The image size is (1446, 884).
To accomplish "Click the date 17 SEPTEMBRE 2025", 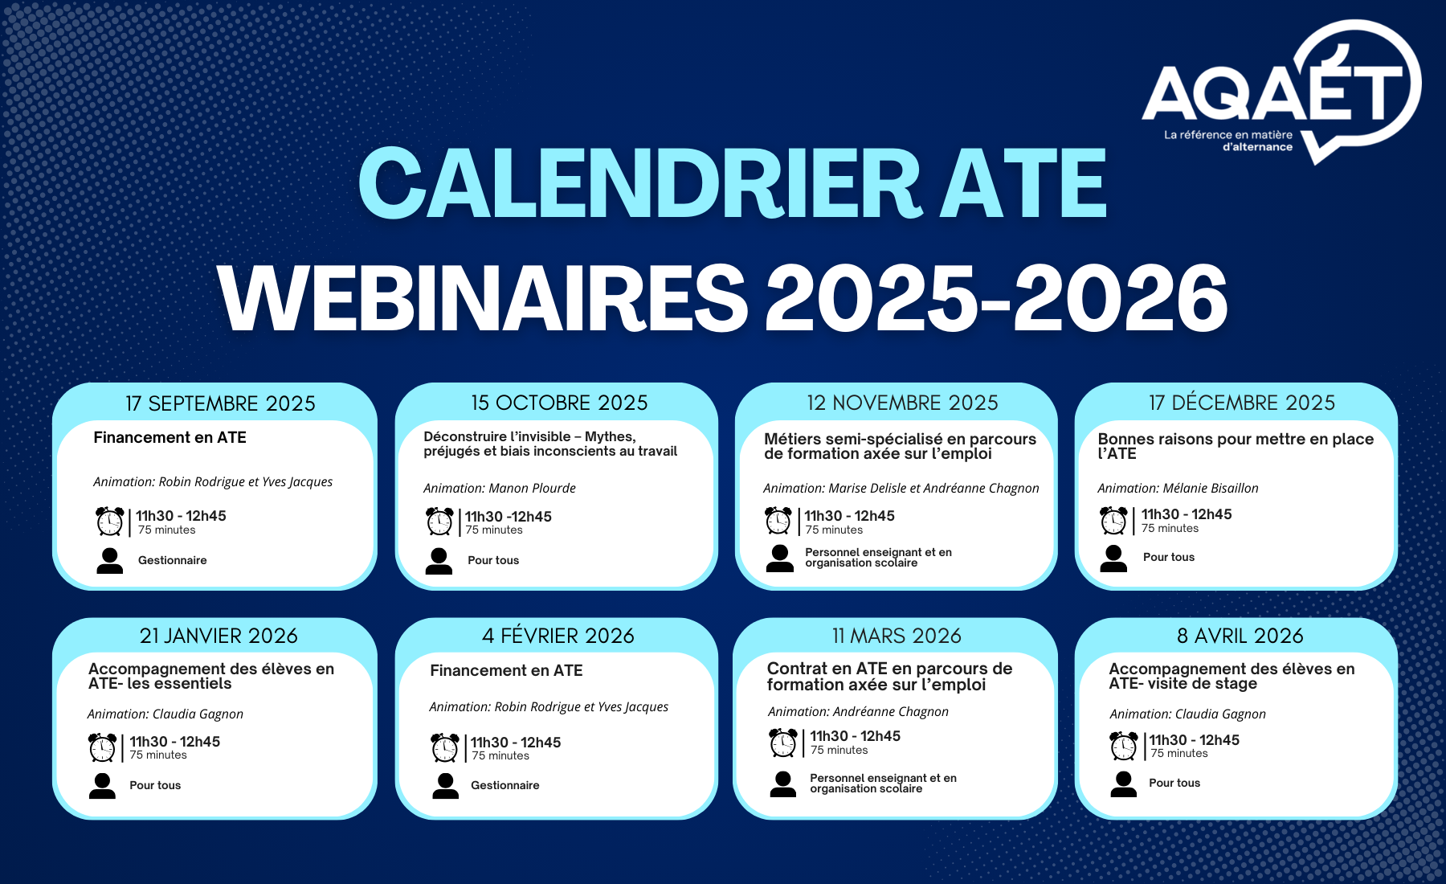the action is pos(220,403).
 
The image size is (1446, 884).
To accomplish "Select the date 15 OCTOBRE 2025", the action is pos(559,403).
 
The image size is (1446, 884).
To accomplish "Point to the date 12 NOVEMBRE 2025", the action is pos(902,403).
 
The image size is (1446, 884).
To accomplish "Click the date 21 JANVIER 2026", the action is pos(219,636).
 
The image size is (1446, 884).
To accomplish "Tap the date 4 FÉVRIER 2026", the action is pos(558,636).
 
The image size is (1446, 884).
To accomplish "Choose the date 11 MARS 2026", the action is pos(897,636).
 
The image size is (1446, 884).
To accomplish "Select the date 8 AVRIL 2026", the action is pos(1240,636).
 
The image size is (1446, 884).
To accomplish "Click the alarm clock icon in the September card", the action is pos(110,521).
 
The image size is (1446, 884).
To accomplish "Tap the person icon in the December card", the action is pos(1113,559).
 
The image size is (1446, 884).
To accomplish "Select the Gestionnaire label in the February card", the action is pos(505,785).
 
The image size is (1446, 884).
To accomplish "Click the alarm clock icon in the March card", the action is pos(783,743).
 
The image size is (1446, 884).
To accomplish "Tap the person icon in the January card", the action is pos(102,786).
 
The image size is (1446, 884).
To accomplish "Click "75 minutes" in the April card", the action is pos(1179,753).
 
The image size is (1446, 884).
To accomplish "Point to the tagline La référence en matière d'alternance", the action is pos(1228,141).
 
